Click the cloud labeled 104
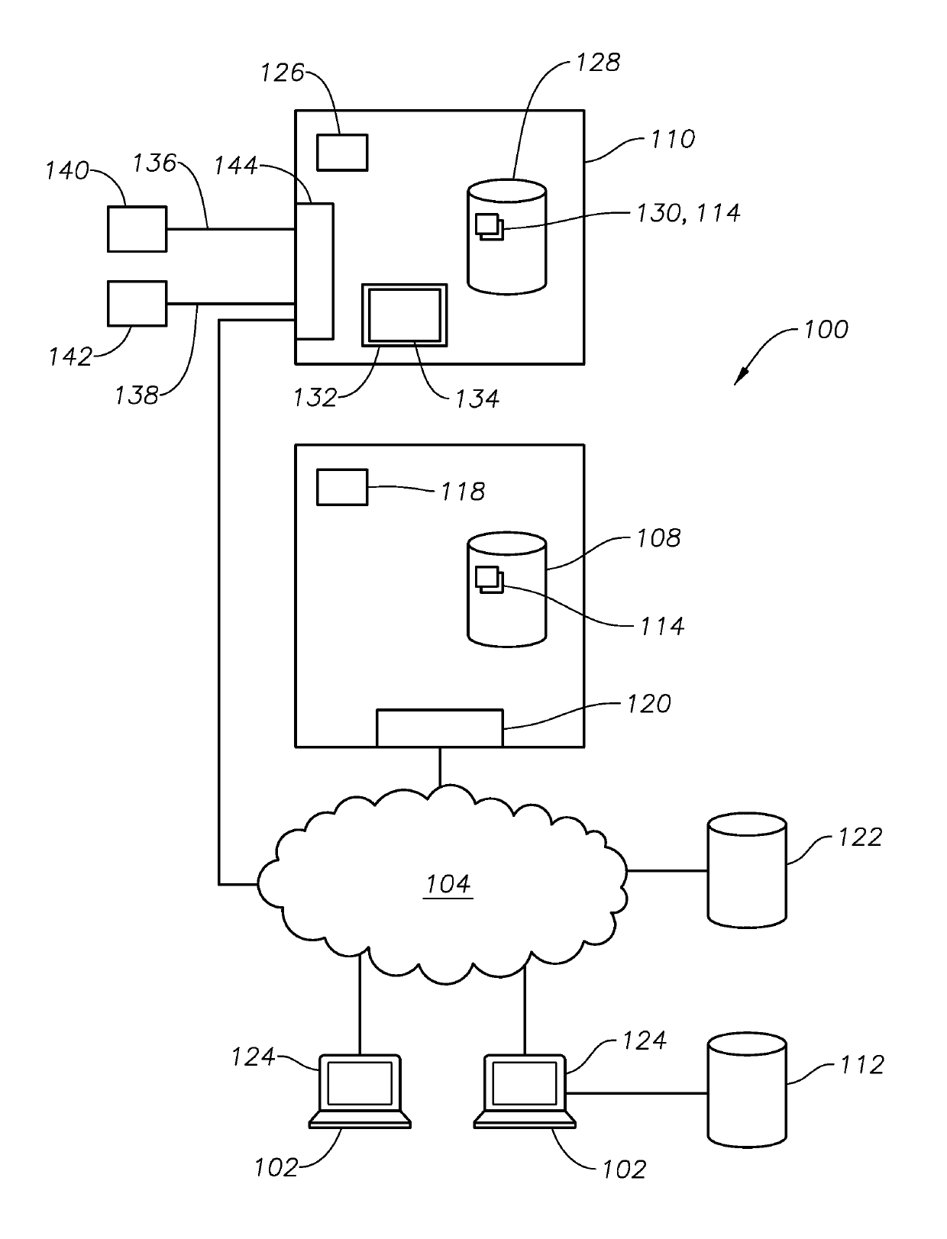443,886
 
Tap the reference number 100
826,330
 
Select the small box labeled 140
137,229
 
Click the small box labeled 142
137,304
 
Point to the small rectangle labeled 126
342,152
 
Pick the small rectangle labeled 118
342,487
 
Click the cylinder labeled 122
747,870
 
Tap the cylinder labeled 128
507,237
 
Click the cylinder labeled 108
507,592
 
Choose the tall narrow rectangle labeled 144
315,271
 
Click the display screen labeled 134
404,315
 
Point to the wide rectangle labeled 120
439,728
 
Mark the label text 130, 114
688,212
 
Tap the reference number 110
672,139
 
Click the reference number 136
154,163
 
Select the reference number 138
137,395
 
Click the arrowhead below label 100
739,379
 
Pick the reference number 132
315,398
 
